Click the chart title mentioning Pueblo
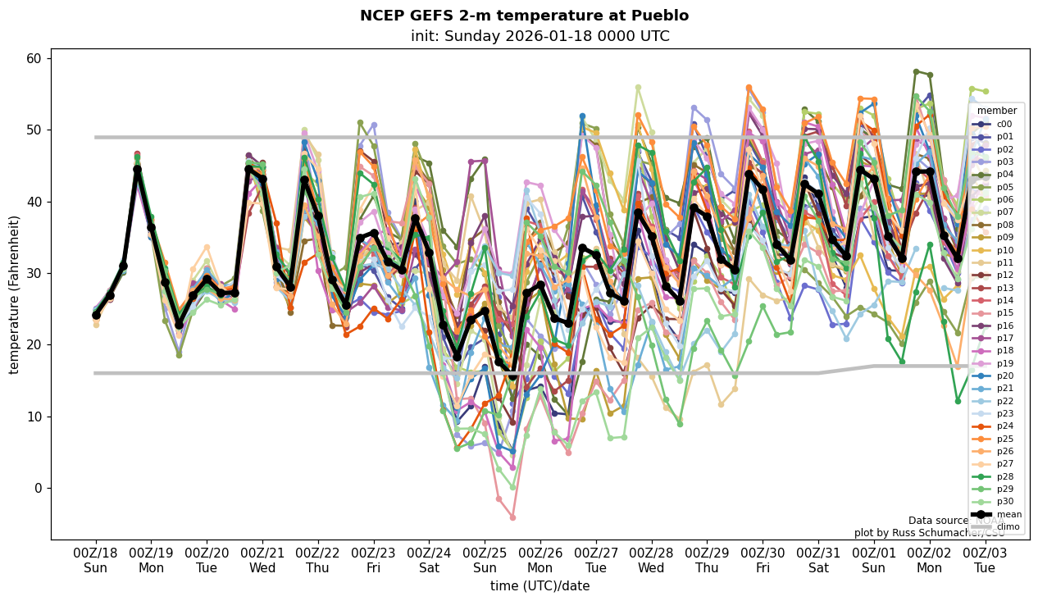[524, 16]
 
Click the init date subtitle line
[539, 36]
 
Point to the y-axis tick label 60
[34, 58]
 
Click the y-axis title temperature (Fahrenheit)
[14, 294]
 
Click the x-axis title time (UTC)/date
[539, 586]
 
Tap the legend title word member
[996, 111]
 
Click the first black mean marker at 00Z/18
[96, 315]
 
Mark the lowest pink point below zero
[512, 517]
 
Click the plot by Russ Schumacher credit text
[928, 533]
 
